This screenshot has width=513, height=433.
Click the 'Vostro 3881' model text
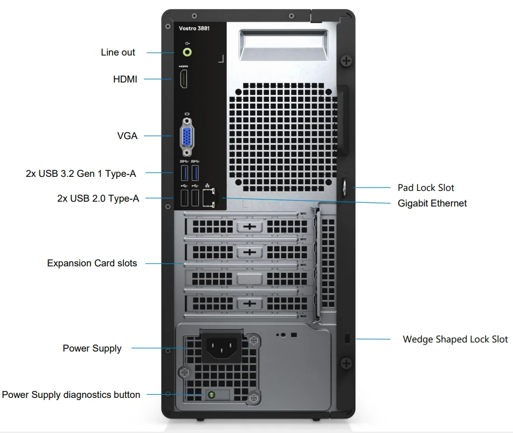point(194,28)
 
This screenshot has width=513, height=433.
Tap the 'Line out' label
point(118,52)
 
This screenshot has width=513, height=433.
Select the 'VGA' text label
point(127,136)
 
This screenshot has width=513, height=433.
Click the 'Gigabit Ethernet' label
point(432,203)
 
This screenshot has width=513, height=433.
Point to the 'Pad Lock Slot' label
point(426,188)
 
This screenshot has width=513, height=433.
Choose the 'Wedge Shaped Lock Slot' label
point(455,339)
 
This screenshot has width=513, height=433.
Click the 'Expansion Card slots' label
point(92,263)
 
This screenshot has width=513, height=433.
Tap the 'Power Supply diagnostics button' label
point(71,395)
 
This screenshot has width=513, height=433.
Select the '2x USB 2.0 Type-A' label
point(98,198)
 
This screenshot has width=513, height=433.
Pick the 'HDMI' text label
point(125,79)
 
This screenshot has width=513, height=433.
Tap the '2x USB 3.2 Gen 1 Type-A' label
point(81,174)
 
